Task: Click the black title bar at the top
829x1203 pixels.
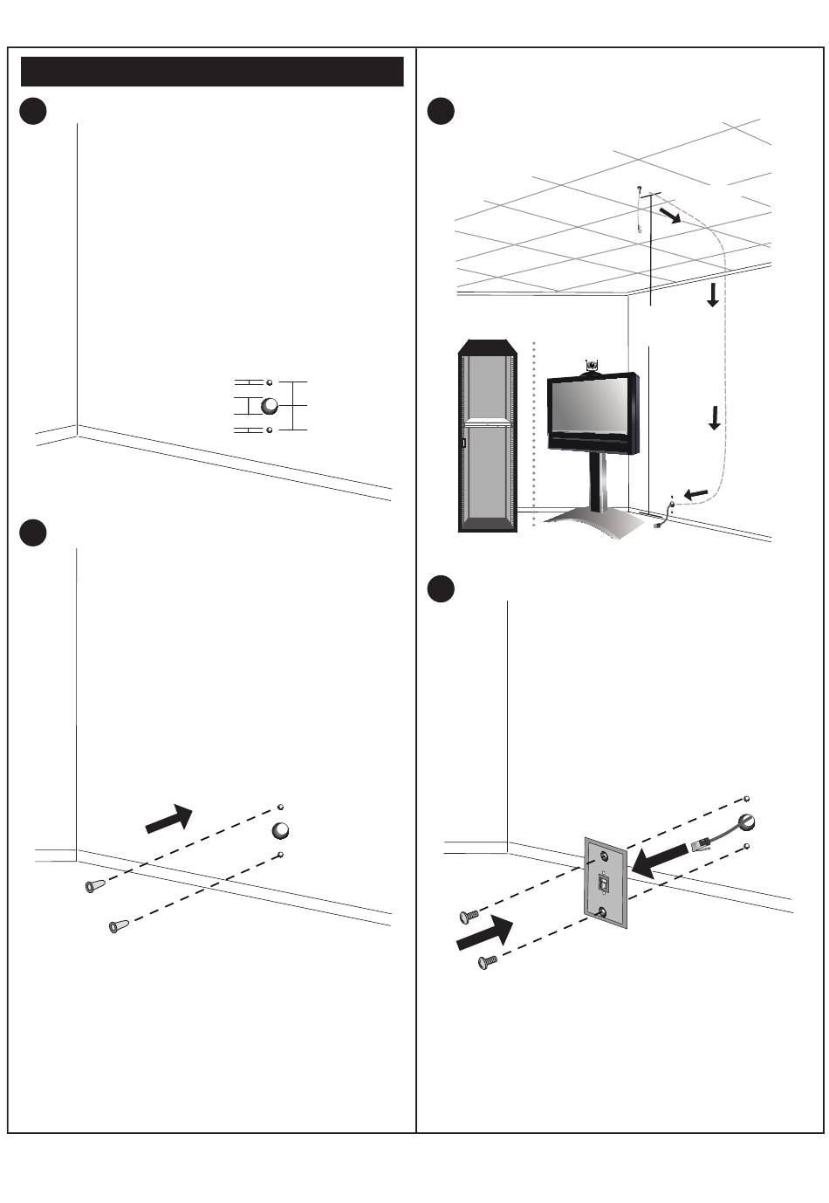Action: pos(212,72)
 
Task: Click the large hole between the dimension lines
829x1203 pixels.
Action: pos(270,406)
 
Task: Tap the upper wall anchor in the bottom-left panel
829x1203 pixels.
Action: pos(92,887)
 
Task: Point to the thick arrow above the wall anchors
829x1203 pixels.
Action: pos(168,818)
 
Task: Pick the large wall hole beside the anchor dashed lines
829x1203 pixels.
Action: pos(281,829)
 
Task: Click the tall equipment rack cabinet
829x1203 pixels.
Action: pos(487,435)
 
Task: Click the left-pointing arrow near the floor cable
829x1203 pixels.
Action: pos(695,495)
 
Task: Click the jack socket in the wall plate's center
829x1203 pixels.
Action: pos(603,885)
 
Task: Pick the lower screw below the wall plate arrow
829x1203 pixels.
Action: pos(487,962)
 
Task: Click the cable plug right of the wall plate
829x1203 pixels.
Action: pos(700,844)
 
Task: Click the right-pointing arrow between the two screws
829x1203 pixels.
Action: pos(483,935)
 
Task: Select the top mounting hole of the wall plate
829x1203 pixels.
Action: pos(602,856)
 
